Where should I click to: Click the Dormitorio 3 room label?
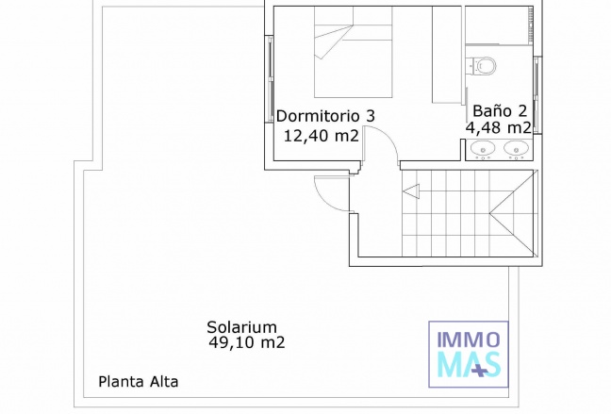pos(325,116)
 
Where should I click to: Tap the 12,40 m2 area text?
pos(322,136)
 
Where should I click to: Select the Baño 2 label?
pos(500,111)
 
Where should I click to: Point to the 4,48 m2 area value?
pos(499,127)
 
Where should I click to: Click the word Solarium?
pos(241,326)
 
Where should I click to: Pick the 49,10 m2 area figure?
pos(247,342)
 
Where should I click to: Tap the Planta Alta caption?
pos(139,382)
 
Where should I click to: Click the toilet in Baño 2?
pos(482,66)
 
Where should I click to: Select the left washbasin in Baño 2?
pos(483,149)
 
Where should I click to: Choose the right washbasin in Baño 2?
pos(517,149)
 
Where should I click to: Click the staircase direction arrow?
pos(411,191)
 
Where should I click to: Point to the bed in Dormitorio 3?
pos(353,52)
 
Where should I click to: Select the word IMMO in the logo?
pos(469,339)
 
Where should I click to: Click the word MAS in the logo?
pos(469,365)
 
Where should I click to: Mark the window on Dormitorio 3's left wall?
pos(270,79)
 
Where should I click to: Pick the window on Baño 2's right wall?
pos(537,95)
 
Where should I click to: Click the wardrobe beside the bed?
pos(447,55)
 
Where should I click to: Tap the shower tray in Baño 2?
pos(499,25)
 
